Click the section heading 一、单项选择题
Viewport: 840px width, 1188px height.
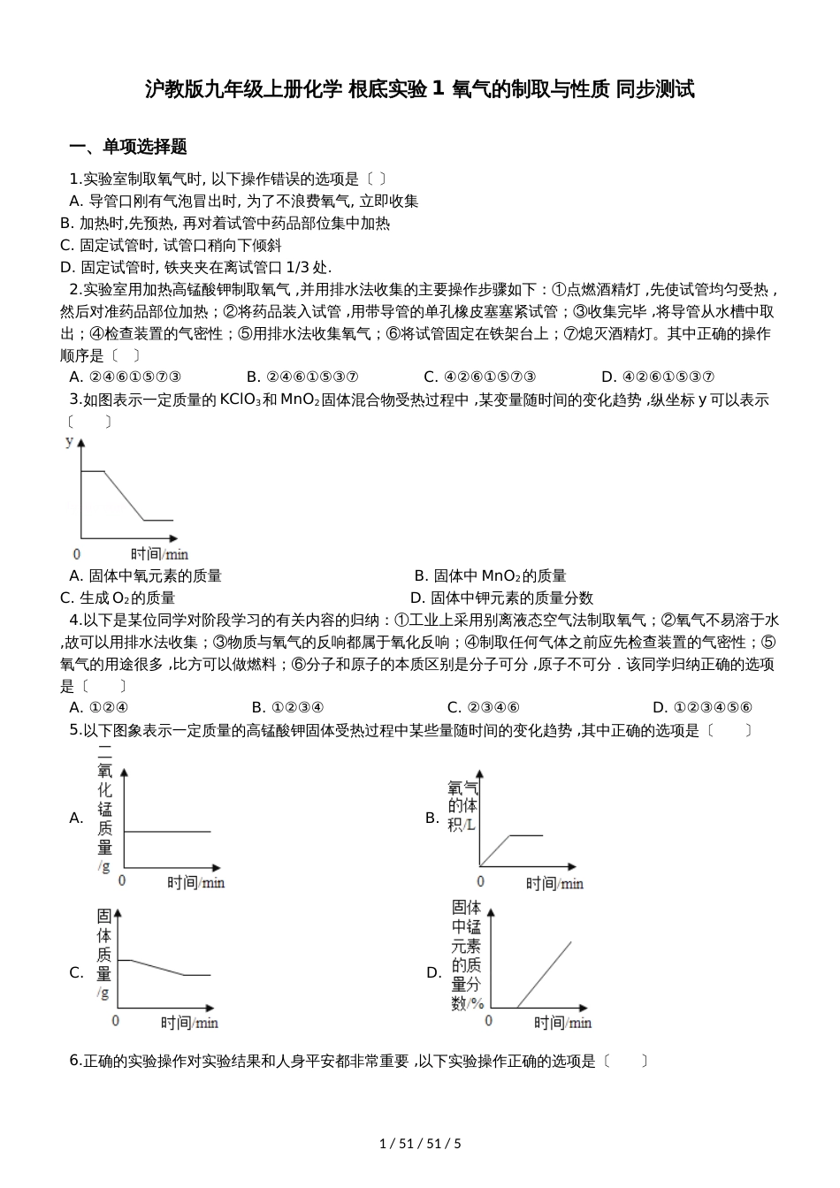(x=128, y=147)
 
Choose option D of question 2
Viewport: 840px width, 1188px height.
(x=657, y=377)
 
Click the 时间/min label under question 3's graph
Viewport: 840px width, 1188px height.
(x=159, y=553)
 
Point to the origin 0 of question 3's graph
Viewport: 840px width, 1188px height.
(x=77, y=553)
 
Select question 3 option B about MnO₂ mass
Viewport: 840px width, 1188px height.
(x=490, y=576)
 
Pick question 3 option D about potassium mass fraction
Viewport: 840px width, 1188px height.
(x=501, y=598)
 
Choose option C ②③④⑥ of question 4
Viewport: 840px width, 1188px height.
(x=483, y=707)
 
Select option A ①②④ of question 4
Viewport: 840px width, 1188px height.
(x=99, y=707)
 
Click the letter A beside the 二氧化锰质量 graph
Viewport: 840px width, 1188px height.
(x=76, y=818)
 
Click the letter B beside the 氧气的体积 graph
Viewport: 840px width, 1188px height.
(x=432, y=818)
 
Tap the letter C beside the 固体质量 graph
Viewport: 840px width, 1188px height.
(x=76, y=972)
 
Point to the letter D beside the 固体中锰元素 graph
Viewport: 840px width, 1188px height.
(x=433, y=972)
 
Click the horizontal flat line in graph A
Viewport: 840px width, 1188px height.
(x=168, y=831)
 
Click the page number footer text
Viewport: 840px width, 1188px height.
(x=420, y=1143)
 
